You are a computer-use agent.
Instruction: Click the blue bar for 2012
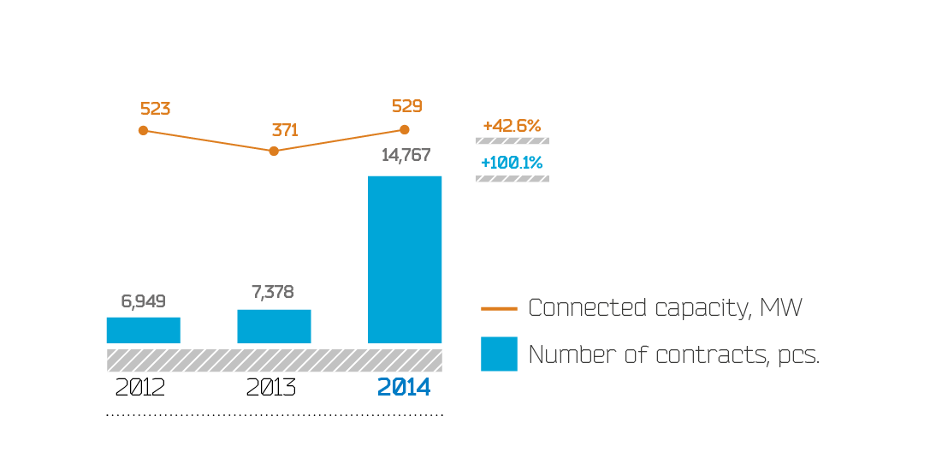click(x=143, y=330)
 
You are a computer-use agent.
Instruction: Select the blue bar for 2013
click(x=274, y=326)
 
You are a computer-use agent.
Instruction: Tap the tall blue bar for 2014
click(x=405, y=259)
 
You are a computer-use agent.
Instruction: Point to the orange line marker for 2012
click(x=143, y=130)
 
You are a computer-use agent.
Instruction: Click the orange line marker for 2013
click(x=274, y=151)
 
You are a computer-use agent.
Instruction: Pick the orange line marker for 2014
click(x=405, y=130)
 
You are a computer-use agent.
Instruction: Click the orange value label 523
click(x=156, y=109)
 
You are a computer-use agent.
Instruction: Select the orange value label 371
click(x=285, y=130)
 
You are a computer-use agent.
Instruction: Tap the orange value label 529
click(x=407, y=106)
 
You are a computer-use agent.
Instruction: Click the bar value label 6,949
click(x=143, y=301)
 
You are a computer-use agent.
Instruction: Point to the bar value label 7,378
click(x=273, y=293)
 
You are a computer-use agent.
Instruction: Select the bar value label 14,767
click(x=406, y=156)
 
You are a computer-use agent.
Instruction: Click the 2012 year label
click(x=140, y=388)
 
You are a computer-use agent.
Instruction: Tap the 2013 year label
click(x=270, y=388)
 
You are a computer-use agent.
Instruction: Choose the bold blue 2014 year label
click(x=404, y=388)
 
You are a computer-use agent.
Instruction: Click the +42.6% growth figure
click(x=512, y=126)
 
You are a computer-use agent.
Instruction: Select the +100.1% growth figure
click(x=512, y=163)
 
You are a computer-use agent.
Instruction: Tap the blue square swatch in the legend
click(x=499, y=354)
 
